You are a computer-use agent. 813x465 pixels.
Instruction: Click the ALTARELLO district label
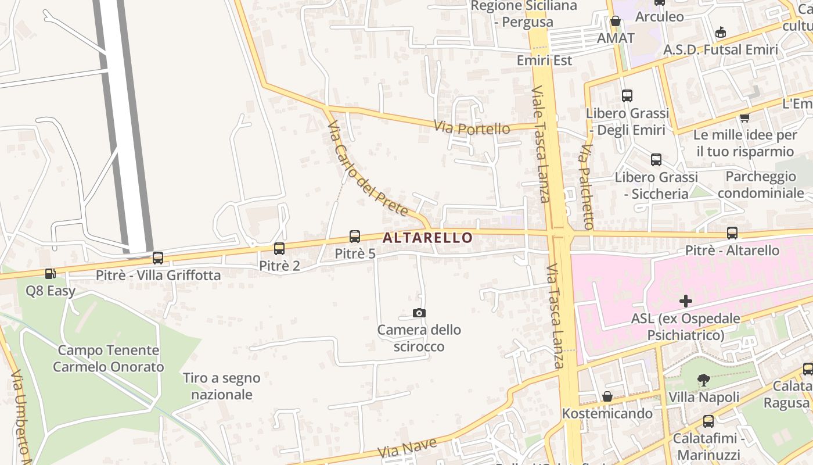[427, 238]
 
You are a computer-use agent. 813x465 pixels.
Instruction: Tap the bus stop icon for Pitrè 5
[354, 237]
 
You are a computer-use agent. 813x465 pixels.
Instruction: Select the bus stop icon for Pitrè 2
[279, 249]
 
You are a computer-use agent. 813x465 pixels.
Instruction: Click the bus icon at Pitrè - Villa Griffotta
[158, 258]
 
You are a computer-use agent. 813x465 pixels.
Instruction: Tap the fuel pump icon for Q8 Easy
[51, 273]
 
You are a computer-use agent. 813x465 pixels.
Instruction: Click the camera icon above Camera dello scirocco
[419, 313]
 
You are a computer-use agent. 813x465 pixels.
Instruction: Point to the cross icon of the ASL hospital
[686, 301]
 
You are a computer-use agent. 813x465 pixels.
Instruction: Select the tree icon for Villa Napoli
[703, 381]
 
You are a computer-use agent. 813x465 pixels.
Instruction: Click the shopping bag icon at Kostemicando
[607, 396]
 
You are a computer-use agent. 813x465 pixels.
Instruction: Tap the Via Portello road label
[472, 127]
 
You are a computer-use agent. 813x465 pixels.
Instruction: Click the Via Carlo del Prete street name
[367, 169]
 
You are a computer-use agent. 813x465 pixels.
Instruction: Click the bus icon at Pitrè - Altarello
[732, 233]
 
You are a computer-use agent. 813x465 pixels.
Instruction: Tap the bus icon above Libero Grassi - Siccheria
[656, 159]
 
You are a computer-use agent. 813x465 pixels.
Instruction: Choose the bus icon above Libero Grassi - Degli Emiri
[627, 96]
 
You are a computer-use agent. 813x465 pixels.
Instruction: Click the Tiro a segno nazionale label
[222, 386]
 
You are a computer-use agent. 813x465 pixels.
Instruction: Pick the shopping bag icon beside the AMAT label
[616, 22]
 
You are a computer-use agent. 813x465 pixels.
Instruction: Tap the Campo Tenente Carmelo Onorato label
[108, 359]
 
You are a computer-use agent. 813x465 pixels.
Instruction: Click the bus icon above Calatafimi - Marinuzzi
[708, 421]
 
